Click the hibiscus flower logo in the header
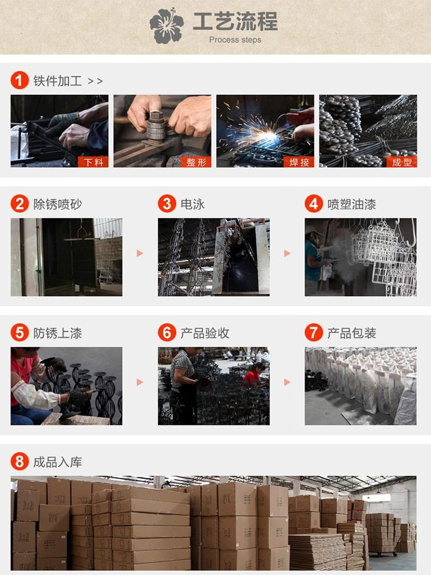[167, 26]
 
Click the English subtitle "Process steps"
[235, 40]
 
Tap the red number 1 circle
[20, 80]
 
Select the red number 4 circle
[314, 204]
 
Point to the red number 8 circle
[20, 461]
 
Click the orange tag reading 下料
[93, 162]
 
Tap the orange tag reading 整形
[196, 162]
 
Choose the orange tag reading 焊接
[299, 162]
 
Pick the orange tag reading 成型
[402, 162]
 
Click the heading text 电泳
[193, 204]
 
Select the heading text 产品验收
[205, 333]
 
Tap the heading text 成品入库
[57, 462]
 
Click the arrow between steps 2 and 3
[140, 254]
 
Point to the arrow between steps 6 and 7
[287, 382]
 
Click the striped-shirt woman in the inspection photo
[184, 385]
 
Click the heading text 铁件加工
[57, 80]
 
